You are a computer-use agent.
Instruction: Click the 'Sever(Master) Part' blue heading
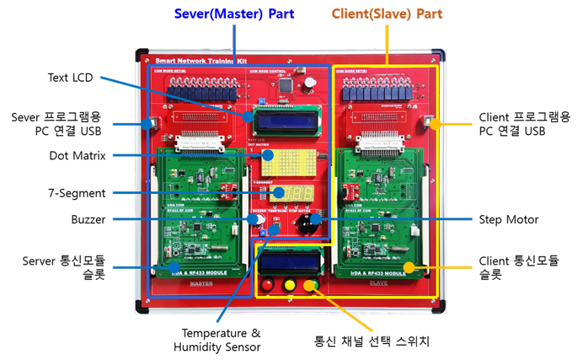234,14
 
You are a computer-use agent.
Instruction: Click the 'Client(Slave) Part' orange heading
387,14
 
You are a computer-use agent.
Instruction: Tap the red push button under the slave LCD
268,285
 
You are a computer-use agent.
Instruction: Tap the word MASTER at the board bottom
201,284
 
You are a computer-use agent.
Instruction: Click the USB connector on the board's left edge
151,125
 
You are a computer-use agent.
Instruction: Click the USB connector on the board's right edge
430,124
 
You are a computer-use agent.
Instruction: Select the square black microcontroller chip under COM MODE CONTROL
288,84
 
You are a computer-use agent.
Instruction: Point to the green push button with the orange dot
311,285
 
